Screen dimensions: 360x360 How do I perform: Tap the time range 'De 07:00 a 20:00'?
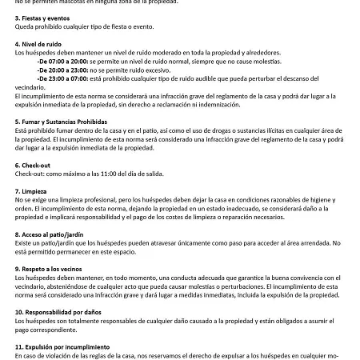click(x=63, y=60)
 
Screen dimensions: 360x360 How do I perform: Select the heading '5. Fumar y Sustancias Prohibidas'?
click(x=60, y=122)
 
